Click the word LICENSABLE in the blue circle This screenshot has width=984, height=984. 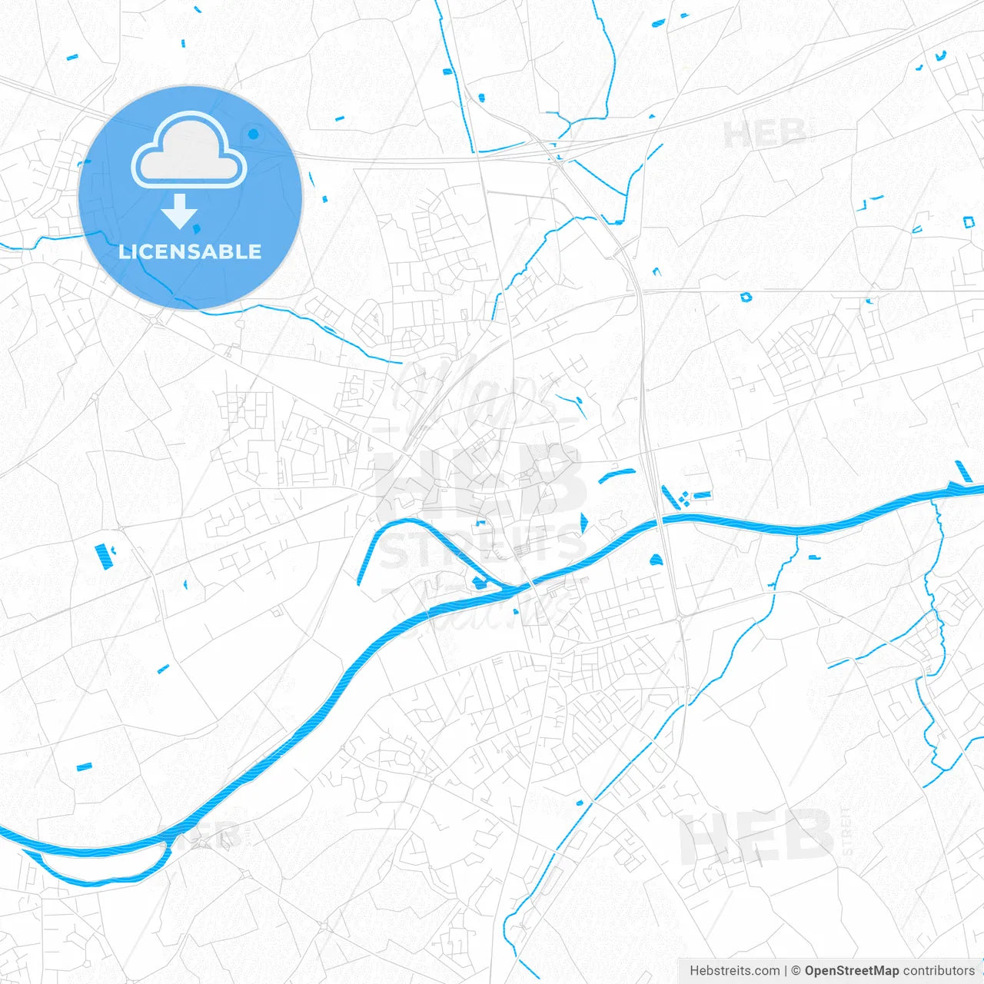(x=190, y=252)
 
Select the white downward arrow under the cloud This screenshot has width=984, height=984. (x=180, y=211)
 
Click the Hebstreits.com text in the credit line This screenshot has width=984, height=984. (x=734, y=971)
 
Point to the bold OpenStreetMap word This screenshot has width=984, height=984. (x=852, y=971)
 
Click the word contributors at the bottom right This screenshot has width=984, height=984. (x=939, y=971)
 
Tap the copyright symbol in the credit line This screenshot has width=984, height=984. (x=796, y=971)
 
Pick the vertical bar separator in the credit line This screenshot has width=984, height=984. (x=786, y=971)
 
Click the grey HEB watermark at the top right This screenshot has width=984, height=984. (x=764, y=135)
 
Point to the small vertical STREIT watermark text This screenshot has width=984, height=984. (x=847, y=831)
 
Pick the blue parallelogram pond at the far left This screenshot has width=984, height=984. (x=101, y=555)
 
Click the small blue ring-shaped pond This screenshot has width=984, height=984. (x=745, y=297)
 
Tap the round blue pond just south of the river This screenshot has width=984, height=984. (x=656, y=560)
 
